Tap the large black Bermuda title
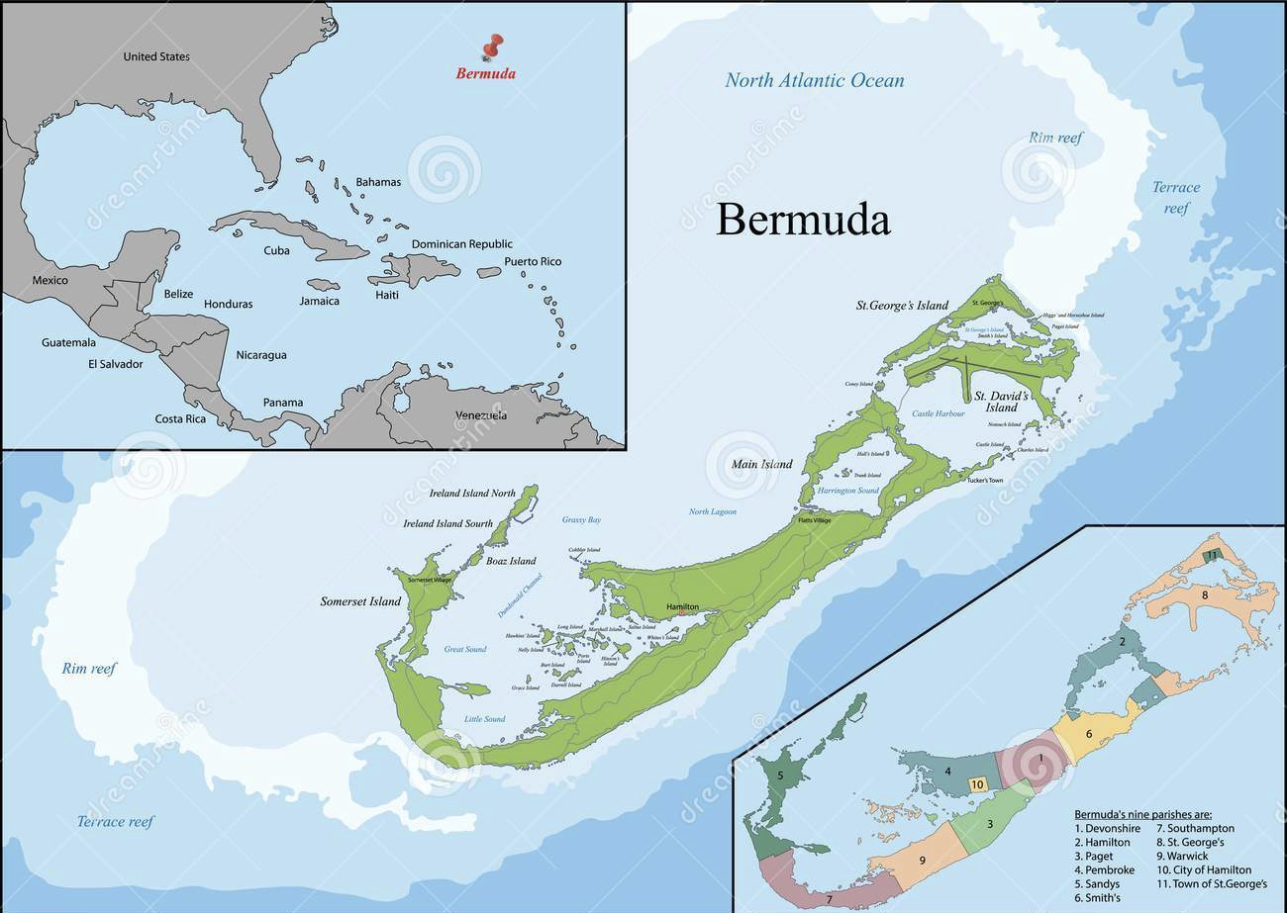point(802,220)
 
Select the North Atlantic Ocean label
point(814,80)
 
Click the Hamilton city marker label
point(682,606)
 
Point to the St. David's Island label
point(1002,401)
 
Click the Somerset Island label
point(360,601)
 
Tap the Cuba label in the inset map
point(276,250)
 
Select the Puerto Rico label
point(533,261)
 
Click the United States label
point(156,56)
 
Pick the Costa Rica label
point(180,418)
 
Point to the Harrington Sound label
point(847,491)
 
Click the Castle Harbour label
point(938,413)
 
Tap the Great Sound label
point(464,650)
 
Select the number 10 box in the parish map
point(976,784)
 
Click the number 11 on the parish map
point(1211,556)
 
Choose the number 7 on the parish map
point(829,899)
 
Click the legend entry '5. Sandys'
point(1097,883)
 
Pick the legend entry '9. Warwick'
point(1182,856)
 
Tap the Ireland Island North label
point(472,493)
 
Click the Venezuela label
point(480,415)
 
